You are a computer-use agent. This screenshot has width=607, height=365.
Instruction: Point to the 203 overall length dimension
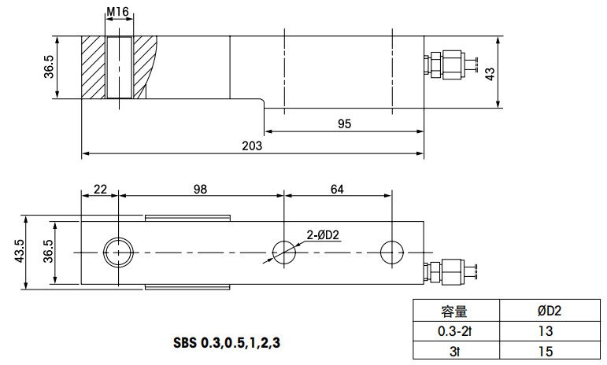252,146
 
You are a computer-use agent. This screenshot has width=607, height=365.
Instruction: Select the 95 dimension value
344,124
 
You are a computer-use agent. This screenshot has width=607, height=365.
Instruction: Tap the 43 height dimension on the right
490,73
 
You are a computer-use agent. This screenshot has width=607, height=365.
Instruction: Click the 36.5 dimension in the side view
49,68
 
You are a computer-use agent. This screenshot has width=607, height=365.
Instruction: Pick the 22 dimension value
100,189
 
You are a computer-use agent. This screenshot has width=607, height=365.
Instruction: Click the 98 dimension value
200,189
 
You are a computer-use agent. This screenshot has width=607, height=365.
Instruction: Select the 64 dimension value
337,189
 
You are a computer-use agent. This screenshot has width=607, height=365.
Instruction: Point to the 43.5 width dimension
20,253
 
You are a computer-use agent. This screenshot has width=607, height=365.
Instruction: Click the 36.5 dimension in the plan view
49,253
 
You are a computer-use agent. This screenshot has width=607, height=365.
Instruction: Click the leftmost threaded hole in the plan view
118,252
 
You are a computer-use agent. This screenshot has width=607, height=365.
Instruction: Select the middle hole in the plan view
284,252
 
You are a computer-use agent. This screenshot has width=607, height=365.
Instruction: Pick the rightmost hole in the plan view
391,252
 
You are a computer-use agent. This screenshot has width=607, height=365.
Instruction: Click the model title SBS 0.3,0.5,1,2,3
226,343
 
